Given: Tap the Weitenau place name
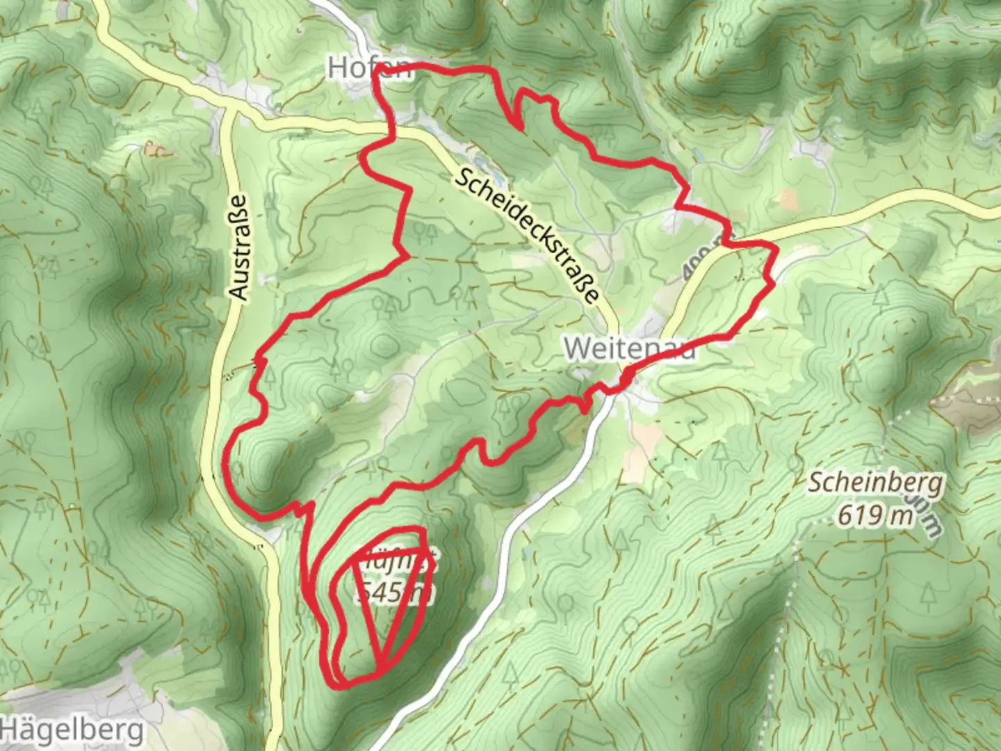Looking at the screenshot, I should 629,348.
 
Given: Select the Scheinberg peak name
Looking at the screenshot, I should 875,483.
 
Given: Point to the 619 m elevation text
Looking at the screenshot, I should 874,515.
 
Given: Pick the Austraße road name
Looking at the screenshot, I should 238,247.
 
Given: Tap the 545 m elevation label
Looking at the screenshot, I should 393,592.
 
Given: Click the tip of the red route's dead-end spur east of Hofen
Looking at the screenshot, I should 520,127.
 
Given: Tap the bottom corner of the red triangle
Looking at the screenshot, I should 380,672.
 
